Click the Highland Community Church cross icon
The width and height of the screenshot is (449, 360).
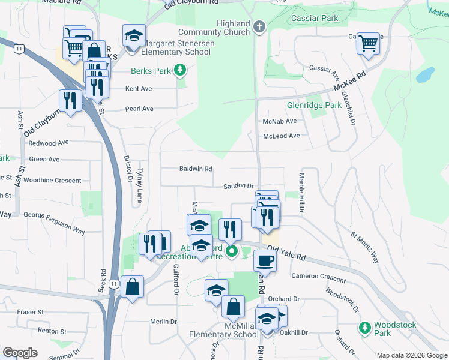(x=259, y=26)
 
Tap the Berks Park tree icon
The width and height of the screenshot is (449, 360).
(x=179, y=71)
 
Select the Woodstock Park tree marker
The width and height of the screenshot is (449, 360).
(x=364, y=328)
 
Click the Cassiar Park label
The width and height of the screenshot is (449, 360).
(x=314, y=19)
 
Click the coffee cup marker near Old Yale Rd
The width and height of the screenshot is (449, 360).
(x=264, y=260)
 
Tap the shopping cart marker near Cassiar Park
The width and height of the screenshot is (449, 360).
(x=367, y=43)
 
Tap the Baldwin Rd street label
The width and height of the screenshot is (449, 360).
(x=196, y=169)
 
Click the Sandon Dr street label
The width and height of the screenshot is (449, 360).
(x=239, y=187)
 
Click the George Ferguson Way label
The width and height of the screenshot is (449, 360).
(x=54, y=221)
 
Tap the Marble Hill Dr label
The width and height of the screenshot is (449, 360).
(x=302, y=192)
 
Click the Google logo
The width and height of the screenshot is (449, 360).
(x=20, y=353)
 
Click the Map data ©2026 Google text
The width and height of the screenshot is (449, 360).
(x=411, y=355)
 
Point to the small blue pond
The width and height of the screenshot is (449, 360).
(x=425, y=75)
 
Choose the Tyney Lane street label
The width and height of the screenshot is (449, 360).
(x=139, y=185)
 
